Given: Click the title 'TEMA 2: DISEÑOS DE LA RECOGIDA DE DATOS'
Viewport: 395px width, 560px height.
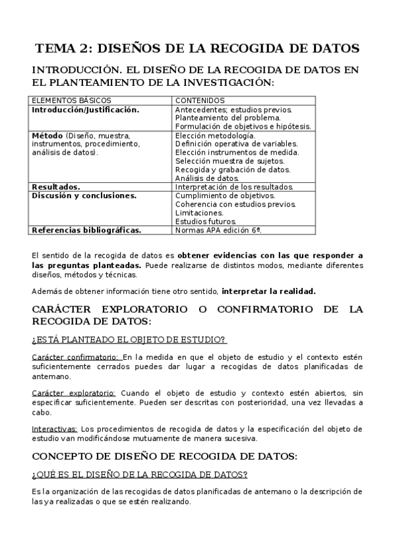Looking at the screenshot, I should (197, 48).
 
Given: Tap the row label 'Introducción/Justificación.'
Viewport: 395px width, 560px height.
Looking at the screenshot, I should (86, 110).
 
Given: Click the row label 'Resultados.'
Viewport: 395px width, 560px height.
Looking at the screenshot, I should (56, 187).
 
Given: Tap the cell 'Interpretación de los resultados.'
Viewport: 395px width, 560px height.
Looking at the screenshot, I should (234, 187).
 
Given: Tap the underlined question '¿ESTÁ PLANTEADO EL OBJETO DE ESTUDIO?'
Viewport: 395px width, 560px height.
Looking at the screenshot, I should (129, 340).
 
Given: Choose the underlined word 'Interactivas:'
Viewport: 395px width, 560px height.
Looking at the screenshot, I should (54, 429).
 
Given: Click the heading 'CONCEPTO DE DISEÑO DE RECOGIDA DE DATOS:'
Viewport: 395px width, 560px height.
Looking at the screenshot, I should (165, 456).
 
